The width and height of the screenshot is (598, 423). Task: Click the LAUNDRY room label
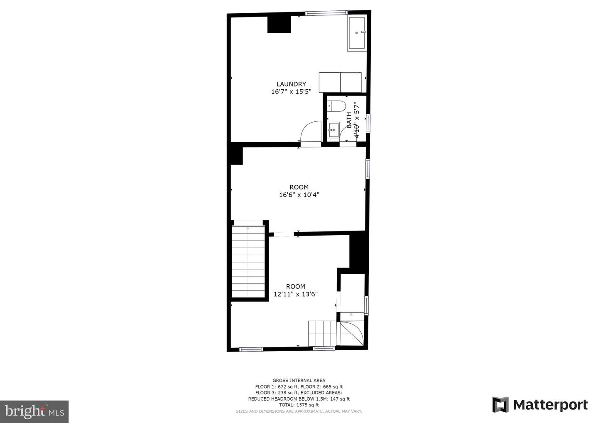click(x=291, y=84)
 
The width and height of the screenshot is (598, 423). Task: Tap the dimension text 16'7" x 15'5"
click(x=291, y=91)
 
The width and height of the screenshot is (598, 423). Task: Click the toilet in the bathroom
click(x=336, y=106)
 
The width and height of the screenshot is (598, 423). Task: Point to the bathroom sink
click(x=333, y=130)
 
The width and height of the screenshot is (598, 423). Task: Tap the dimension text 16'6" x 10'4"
click(x=299, y=195)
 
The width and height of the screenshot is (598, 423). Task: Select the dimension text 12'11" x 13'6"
click(x=296, y=294)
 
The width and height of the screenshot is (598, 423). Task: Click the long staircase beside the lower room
click(x=248, y=261)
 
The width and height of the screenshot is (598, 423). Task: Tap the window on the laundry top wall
click(x=326, y=12)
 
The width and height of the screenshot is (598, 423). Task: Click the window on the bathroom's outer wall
click(x=368, y=123)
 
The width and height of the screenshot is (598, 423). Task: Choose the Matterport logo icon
click(x=500, y=405)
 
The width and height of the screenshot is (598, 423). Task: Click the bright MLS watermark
click(x=34, y=411)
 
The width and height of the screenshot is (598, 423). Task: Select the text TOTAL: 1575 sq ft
click(x=299, y=405)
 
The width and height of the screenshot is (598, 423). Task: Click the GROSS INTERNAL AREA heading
click(x=299, y=380)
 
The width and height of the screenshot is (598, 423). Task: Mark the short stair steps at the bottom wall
click(x=322, y=334)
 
